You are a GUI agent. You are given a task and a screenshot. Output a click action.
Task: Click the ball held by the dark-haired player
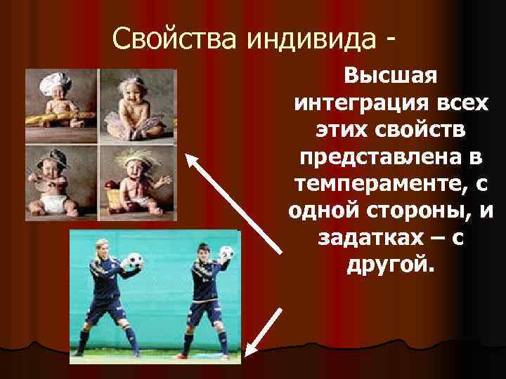point(226,253)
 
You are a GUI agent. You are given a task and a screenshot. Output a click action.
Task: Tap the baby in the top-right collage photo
point(136,105)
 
